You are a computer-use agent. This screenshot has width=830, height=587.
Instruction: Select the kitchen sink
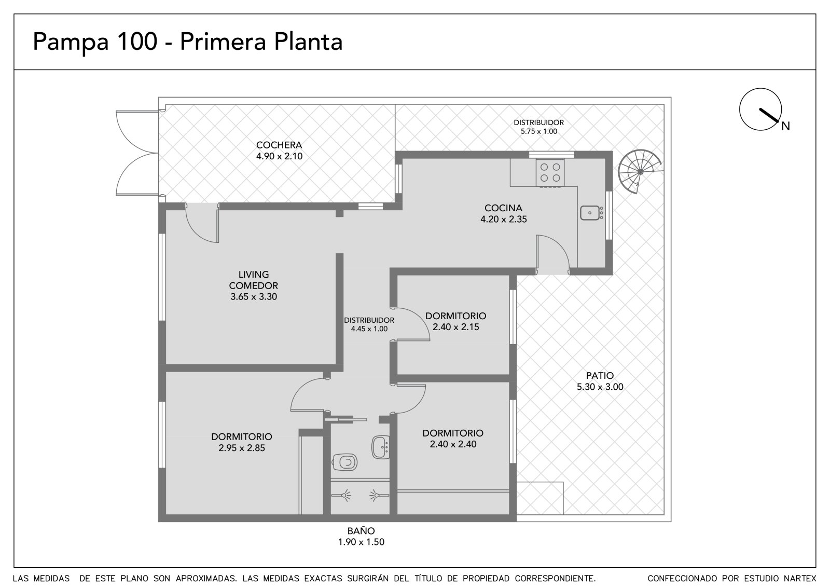click(x=591, y=213)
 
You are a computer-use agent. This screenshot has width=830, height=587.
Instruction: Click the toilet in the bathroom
click(x=344, y=462)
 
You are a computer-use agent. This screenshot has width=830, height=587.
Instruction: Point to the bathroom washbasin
click(x=381, y=447)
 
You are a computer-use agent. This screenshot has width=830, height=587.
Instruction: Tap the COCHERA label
click(x=279, y=145)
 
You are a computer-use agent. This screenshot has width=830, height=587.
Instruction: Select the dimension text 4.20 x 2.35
click(x=504, y=219)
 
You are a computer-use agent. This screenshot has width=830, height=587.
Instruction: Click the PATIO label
click(x=600, y=375)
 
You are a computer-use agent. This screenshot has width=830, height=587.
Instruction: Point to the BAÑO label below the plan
click(x=361, y=530)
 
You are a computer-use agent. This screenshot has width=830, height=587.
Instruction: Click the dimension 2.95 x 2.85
click(x=242, y=448)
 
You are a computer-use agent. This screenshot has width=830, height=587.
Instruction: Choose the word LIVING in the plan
click(x=254, y=275)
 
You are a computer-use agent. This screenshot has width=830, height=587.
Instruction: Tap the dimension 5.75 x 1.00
click(x=539, y=131)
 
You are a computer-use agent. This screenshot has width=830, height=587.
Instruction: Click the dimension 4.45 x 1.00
click(x=369, y=329)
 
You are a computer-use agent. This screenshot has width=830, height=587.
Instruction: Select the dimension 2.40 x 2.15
click(x=456, y=327)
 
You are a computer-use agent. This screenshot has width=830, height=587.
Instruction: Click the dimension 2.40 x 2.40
click(x=453, y=444)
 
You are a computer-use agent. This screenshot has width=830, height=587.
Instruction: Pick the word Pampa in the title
click(x=71, y=43)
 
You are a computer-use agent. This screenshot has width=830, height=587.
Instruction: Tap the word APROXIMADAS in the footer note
click(x=206, y=579)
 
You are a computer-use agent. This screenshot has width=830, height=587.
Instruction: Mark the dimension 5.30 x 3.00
click(x=600, y=387)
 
